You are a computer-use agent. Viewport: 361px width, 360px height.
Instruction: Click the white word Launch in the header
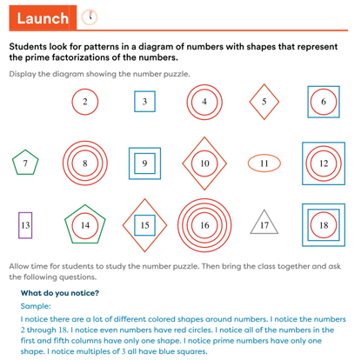click(43, 17)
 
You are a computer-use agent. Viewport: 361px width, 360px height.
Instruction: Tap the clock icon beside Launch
click(90, 17)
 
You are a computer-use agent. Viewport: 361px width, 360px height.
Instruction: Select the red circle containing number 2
click(84, 102)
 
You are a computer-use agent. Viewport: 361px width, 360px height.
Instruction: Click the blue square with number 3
click(144, 102)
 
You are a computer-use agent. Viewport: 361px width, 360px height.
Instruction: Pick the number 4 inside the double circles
click(204, 102)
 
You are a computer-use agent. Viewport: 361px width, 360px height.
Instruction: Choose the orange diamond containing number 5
click(264, 102)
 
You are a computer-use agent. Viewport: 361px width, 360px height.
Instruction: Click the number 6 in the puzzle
click(324, 102)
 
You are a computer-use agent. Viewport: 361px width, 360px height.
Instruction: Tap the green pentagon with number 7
click(25, 163)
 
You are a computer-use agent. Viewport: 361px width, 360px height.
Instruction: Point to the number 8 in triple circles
click(84, 163)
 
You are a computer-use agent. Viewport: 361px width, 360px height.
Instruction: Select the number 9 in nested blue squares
click(144, 163)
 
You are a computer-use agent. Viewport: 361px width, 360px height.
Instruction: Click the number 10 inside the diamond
click(204, 163)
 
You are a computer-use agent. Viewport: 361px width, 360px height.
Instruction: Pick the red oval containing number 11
click(264, 163)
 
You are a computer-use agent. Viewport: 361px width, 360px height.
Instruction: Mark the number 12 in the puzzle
click(324, 163)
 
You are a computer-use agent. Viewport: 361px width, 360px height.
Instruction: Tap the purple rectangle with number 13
click(24, 225)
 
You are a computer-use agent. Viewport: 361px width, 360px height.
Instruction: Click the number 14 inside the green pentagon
click(84, 225)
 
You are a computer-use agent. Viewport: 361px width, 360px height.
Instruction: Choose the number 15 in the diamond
click(144, 225)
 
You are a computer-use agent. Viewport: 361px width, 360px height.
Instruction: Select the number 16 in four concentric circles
click(204, 225)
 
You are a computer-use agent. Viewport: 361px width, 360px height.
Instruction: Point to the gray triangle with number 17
click(264, 224)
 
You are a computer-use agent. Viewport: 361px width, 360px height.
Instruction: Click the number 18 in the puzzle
click(324, 225)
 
